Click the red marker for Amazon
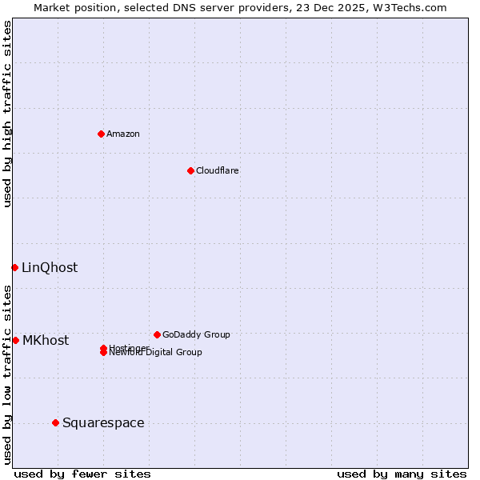point(101,134)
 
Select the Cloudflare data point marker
point(190,170)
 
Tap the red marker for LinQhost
point(14,267)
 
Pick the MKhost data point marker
point(15,340)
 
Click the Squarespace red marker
point(55,422)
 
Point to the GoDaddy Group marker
point(157,334)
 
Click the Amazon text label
point(123,134)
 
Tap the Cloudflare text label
point(218,170)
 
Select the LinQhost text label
point(50,267)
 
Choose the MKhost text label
point(46,340)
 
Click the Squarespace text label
point(103,422)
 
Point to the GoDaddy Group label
point(196,334)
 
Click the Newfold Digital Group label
point(157,353)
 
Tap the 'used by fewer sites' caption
point(82,474)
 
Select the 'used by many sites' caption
point(402,474)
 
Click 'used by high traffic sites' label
point(7,114)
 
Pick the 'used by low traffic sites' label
point(7,374)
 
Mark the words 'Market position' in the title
point(71,7)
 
